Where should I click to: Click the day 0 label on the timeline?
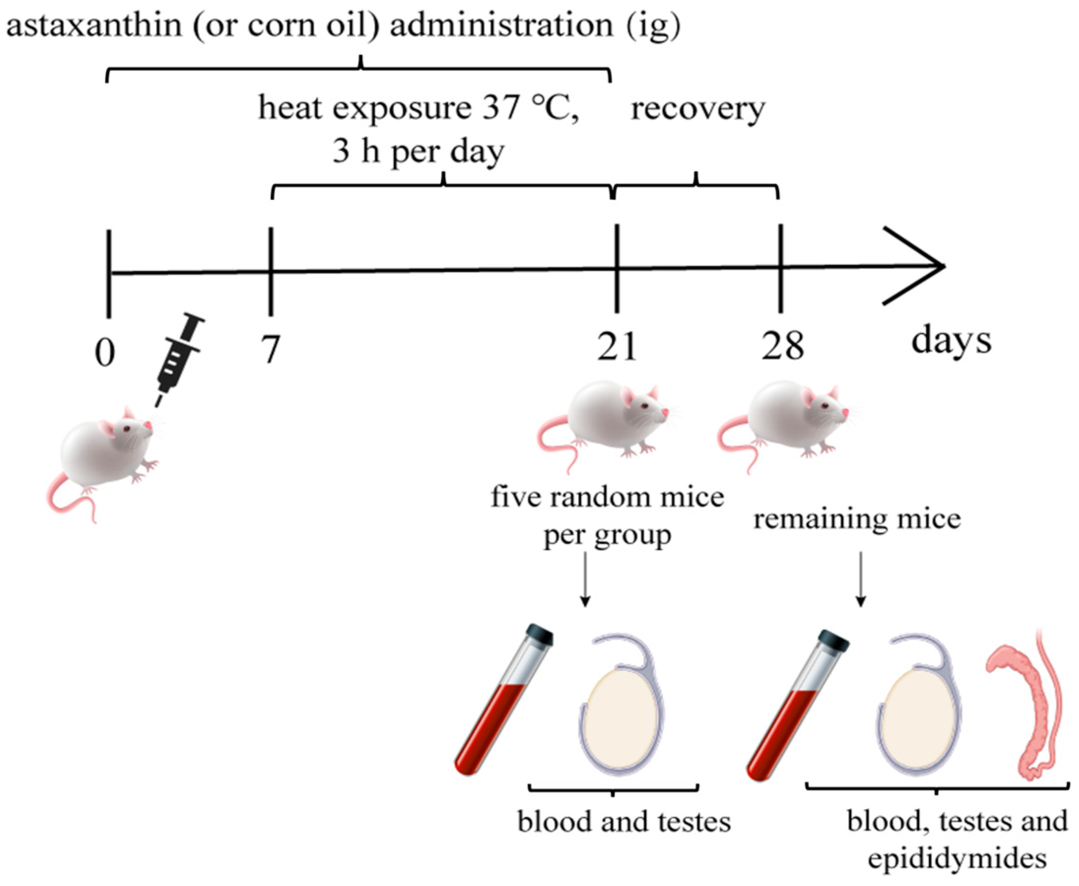pyautogui.click(x=105, y=353)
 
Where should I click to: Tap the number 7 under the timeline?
pyautogui.click(x=270, y=349)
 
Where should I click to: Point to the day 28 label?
pyautogui.click(x=782, y=346)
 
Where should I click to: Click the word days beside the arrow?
pyautogui.click(x=951, y=341)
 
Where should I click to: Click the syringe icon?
pyautogui.click(x=179, y=357)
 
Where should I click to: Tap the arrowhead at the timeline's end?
pyautogui.click(x=918, y=266)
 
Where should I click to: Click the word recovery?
pyautogui.click(x=698, y=109)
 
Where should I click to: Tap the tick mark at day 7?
pyautogui.click(x=270, y=271)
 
